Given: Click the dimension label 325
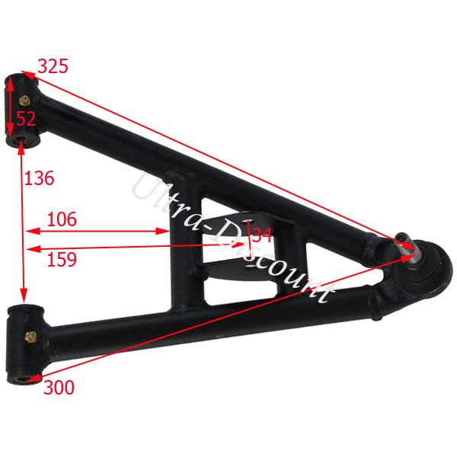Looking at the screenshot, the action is point(53,66).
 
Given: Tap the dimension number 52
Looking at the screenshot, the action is point(26,118).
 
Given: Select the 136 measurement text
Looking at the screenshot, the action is point(40,178).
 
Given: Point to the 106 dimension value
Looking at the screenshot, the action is point(62,219).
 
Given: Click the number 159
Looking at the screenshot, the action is point(62,260).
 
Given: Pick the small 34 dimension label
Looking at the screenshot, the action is point(262,235).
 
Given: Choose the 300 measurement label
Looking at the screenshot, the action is point(59,388).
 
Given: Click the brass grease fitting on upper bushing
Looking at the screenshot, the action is point(25,101).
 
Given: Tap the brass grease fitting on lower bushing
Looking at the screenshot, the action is point(31,337).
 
